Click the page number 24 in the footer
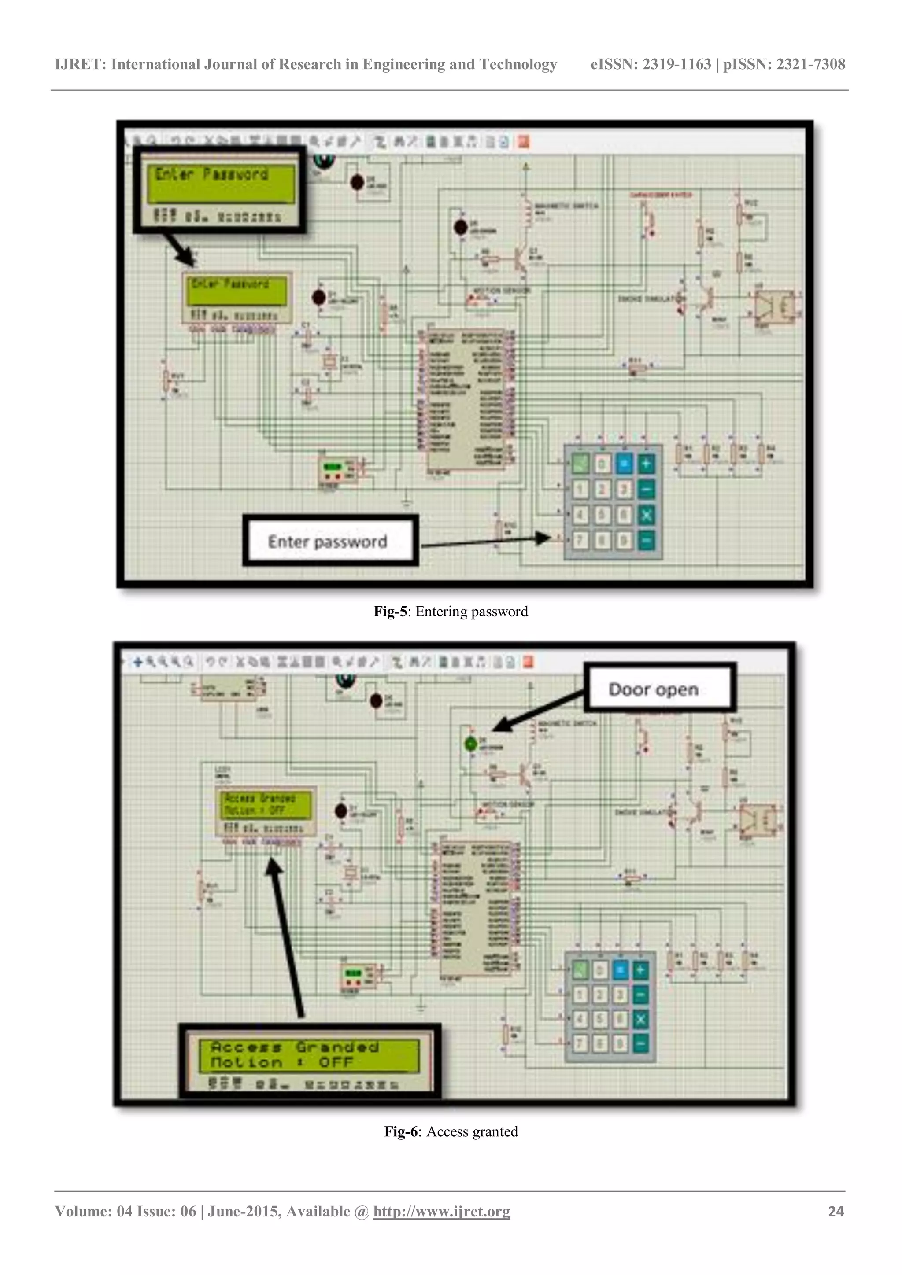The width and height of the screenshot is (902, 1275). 835,1211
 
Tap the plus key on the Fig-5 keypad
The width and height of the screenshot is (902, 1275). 646,463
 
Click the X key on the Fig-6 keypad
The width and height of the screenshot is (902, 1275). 640,1019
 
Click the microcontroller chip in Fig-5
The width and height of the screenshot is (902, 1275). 466,400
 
